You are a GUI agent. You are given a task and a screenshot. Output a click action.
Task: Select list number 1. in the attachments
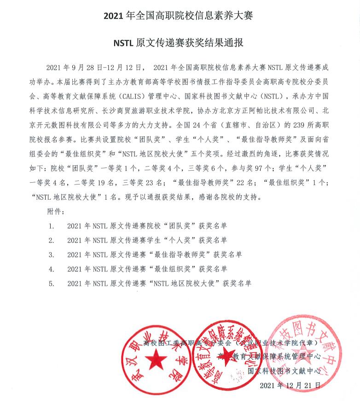coord(52,226)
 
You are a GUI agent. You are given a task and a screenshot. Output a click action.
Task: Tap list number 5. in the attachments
coord(52,283)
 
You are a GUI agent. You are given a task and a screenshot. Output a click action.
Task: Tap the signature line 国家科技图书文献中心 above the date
coord(284,370)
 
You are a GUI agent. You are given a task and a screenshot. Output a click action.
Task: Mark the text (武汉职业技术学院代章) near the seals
coord(278,343)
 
